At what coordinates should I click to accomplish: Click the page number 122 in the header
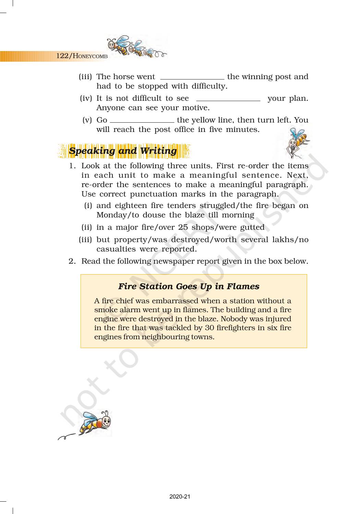coord(62,56)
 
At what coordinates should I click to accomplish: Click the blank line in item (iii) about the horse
coord(192,78)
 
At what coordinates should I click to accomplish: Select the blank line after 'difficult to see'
coord(228,100)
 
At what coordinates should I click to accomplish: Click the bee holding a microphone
coord(297,143)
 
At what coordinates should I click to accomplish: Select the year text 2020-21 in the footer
coord(180,497)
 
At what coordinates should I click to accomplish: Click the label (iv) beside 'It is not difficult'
coord(86,99)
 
